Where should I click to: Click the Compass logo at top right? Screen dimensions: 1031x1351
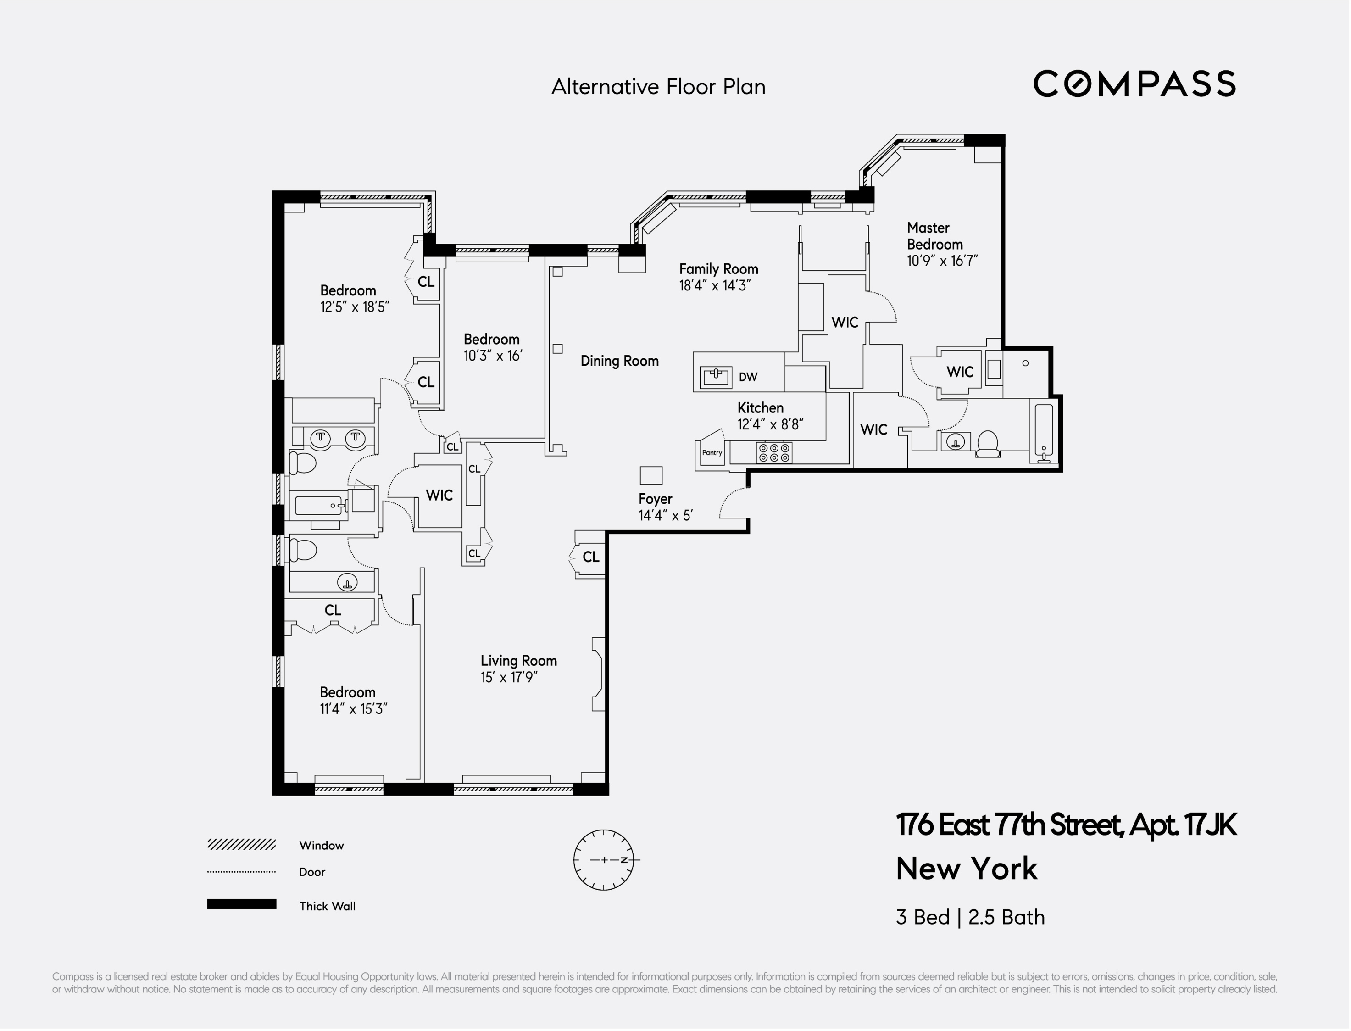(1134, 84)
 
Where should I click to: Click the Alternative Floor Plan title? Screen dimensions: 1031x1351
(658, 87)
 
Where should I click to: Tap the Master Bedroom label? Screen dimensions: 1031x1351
(934, 236)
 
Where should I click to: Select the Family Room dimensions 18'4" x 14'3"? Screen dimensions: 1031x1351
(715, 286)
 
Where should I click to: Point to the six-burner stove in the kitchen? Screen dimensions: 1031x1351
(774, 453)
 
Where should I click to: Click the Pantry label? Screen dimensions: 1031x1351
(712, 453)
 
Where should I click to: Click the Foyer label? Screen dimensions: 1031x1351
(655, 499)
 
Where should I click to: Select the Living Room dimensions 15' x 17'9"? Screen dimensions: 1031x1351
(509, 678)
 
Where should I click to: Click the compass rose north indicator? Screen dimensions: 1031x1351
(624, 860)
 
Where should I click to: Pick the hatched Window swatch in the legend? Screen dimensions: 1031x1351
(241, 845)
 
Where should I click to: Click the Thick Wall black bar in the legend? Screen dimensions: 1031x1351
(241, 904)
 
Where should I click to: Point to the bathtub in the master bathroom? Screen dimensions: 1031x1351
(1044, 432)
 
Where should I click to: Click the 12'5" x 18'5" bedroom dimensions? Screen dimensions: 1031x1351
(355, 307)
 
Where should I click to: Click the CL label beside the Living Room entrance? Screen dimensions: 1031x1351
(590, 557)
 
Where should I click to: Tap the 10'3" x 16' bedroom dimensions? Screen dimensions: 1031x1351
(493, 356)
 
